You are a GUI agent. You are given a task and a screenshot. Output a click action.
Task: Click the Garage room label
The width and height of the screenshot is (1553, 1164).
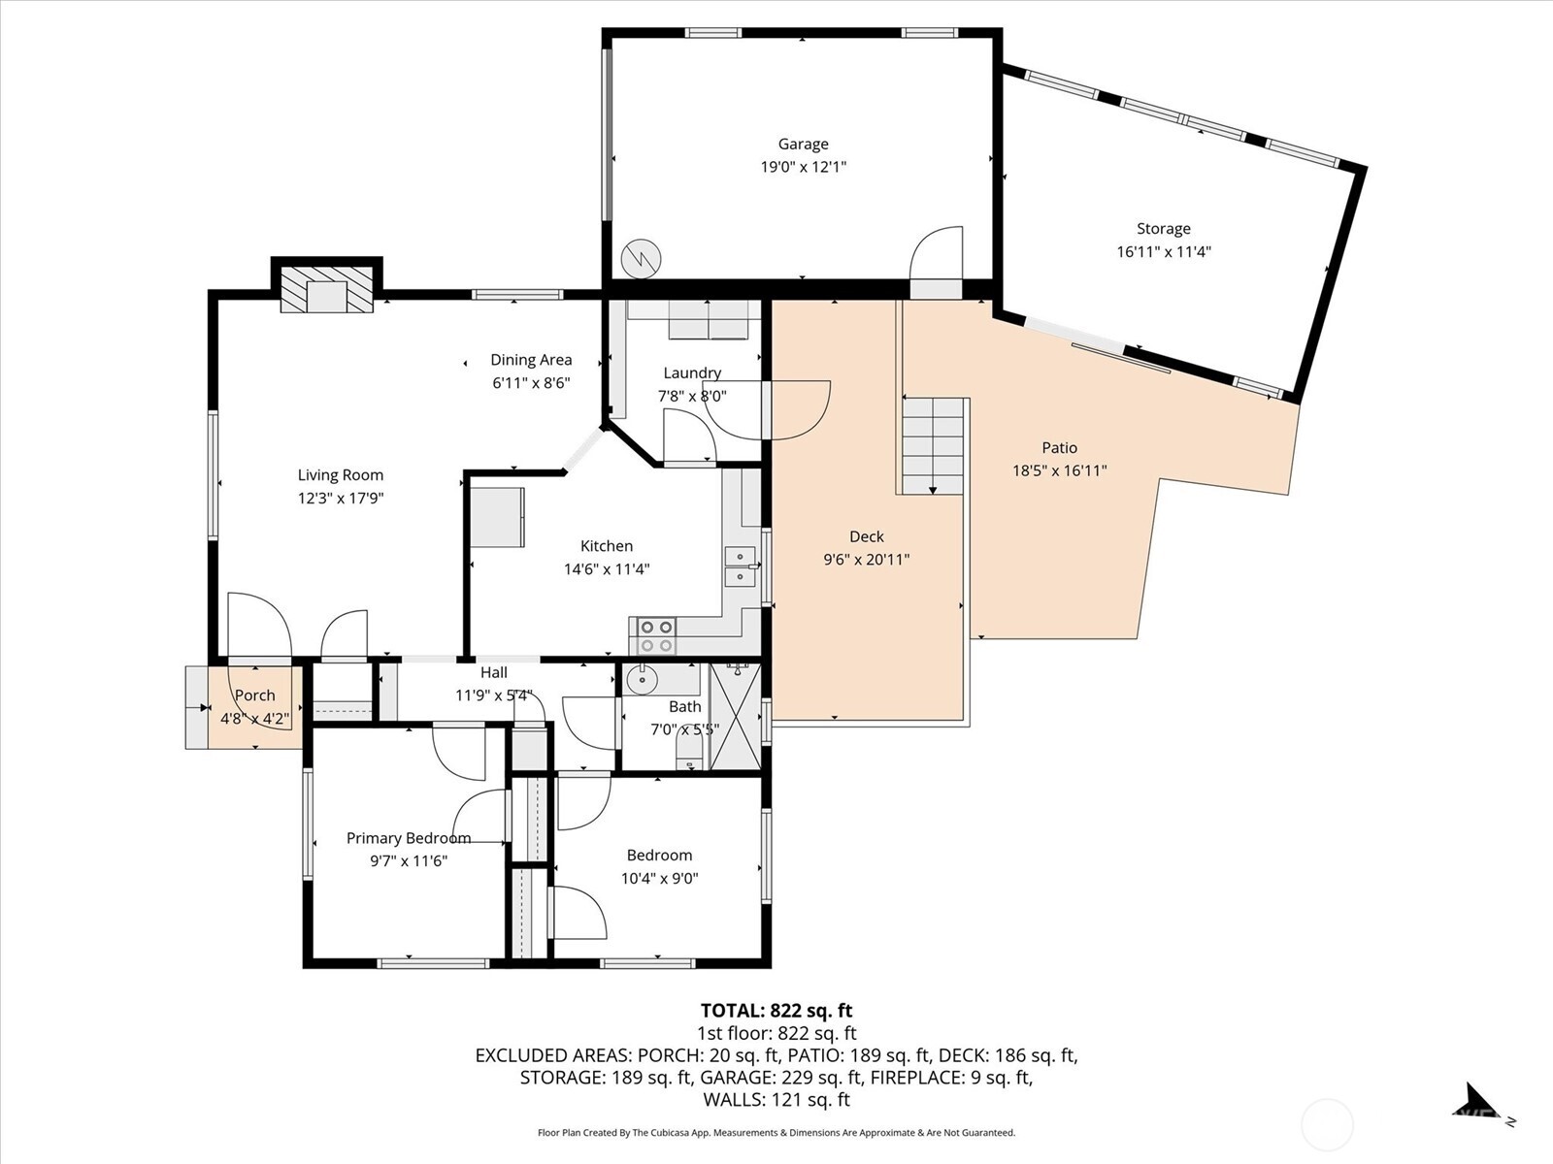(803, 144)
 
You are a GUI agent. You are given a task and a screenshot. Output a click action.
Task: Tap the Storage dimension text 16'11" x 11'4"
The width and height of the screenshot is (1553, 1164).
(1163, 252)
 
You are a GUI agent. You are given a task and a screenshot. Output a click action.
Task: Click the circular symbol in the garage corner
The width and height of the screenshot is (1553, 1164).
(642, 258)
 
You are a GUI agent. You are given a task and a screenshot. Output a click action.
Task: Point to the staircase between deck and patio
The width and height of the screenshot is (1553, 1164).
(934, 445)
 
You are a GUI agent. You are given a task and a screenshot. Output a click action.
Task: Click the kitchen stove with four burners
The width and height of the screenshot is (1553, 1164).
(655, 636)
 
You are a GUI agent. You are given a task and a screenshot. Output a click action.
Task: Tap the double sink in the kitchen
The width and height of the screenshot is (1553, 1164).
(741, 566)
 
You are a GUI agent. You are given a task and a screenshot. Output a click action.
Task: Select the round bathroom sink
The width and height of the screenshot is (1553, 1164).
(642, 680)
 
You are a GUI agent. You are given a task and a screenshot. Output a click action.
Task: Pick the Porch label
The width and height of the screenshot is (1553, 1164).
(254, 695)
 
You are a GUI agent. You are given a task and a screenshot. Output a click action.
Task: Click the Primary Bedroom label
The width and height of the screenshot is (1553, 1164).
(409, 838)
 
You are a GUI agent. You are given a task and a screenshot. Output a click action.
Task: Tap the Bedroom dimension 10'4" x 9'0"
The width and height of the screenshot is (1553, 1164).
(659, 879)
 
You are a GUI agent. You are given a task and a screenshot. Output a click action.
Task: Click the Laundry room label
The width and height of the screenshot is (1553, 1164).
(692, 372)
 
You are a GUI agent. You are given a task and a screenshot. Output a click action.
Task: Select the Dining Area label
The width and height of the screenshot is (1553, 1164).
(531, 360)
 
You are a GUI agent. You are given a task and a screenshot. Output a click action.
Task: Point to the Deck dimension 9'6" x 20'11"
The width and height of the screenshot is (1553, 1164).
(866, 560)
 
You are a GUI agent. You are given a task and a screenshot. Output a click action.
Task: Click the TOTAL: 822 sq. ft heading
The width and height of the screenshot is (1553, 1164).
(776, 1011)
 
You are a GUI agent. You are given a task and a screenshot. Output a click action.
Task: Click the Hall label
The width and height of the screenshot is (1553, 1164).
(493, 672)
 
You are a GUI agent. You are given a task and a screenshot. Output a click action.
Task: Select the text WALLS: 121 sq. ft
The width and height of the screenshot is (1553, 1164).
(776, 1099)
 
